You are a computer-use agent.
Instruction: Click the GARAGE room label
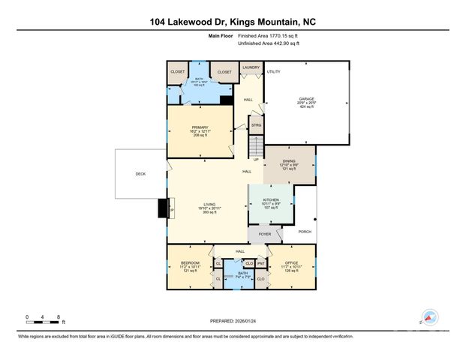point(306,97)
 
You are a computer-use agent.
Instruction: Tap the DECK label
point(140,174)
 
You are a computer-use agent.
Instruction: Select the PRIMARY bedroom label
point(200,127)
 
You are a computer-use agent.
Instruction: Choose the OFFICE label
point(293,263)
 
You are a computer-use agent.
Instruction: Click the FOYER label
point(264,235)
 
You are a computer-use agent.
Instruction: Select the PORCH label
point(305,232)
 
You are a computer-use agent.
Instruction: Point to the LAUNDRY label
point(251,67)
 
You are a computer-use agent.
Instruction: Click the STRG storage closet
point(256,125)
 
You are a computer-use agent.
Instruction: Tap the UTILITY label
point(274,71)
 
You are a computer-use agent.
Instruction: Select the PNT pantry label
point(260,263)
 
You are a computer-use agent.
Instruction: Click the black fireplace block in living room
point(163,208)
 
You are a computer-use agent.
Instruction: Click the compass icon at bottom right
point(431,318)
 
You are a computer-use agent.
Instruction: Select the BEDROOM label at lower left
point(189,263)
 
